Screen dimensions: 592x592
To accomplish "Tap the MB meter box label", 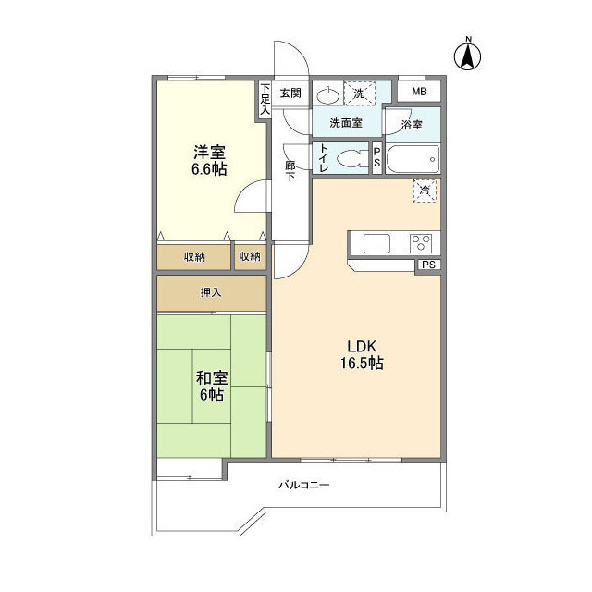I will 419,92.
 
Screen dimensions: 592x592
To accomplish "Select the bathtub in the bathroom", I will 413,158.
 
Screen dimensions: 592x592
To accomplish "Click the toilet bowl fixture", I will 349,157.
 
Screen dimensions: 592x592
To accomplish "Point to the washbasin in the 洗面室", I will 328,93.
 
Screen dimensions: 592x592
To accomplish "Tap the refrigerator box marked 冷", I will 425,191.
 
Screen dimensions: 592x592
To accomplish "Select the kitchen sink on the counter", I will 377,243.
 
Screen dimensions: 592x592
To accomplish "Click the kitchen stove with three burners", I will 421,243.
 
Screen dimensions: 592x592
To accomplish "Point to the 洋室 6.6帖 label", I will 209,160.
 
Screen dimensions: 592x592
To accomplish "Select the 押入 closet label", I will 211,292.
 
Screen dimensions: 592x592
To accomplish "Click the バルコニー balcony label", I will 304,485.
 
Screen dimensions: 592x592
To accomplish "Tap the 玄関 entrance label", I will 290,92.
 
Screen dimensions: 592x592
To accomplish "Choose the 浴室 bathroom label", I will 412,124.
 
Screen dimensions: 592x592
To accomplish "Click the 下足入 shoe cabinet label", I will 265,98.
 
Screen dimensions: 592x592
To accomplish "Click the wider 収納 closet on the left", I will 193,256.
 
